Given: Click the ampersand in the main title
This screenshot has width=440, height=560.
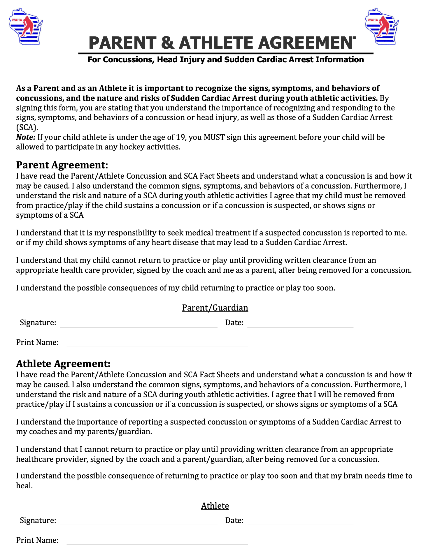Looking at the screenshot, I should tap(168, 43).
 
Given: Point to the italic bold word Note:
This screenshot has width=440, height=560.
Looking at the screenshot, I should tap(26, 137).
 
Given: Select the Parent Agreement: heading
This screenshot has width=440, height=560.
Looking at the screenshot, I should tap(62, 165).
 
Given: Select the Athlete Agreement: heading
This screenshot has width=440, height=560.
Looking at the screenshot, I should tap(63, 364).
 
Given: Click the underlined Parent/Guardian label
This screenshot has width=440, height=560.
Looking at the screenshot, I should tap(215, 308).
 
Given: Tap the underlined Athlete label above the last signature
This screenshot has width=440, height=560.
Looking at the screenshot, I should tap(215, 506).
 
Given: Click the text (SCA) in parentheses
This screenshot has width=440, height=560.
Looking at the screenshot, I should tap(27, 128).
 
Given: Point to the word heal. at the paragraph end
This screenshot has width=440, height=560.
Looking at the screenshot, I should tap(24, 486).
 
